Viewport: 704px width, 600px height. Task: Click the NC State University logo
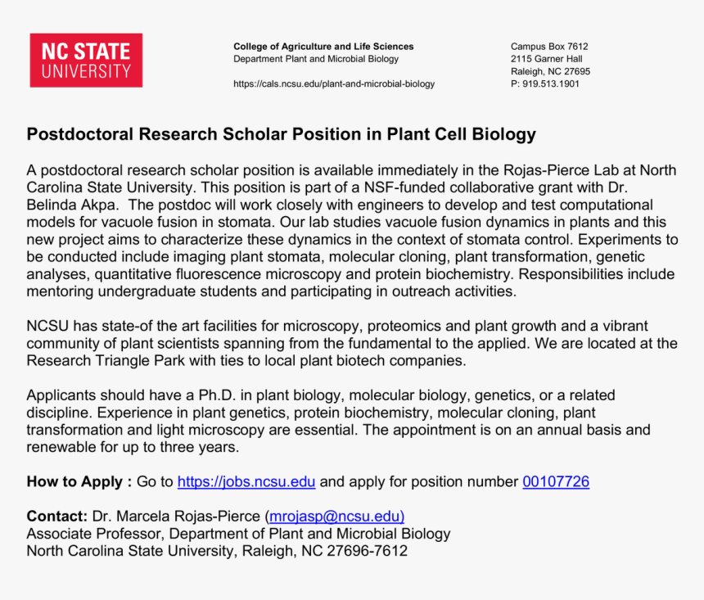(x=86, y=60)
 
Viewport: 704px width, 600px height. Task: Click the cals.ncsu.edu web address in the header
(x=334, y=83)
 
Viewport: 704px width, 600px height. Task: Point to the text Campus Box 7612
(x=549, y=47)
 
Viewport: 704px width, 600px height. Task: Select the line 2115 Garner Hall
(x=546, y=59)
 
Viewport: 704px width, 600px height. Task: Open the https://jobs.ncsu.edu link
(x=246, y=482)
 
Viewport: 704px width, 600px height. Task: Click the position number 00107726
(x=556, y=482)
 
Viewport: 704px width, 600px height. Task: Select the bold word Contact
(x=56, y=517)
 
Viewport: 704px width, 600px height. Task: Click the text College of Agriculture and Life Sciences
(x=323, y=47)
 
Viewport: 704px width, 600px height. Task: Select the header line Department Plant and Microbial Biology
(x=316, y=59)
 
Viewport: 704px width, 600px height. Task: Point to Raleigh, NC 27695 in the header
(x=550, y=71)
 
